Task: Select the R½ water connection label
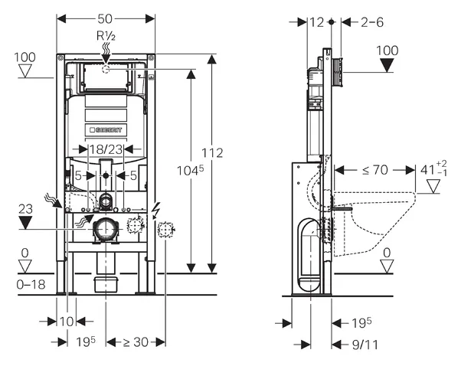106,34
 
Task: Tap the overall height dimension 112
215,152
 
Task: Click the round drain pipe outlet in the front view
105,227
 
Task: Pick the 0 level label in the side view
387,252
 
